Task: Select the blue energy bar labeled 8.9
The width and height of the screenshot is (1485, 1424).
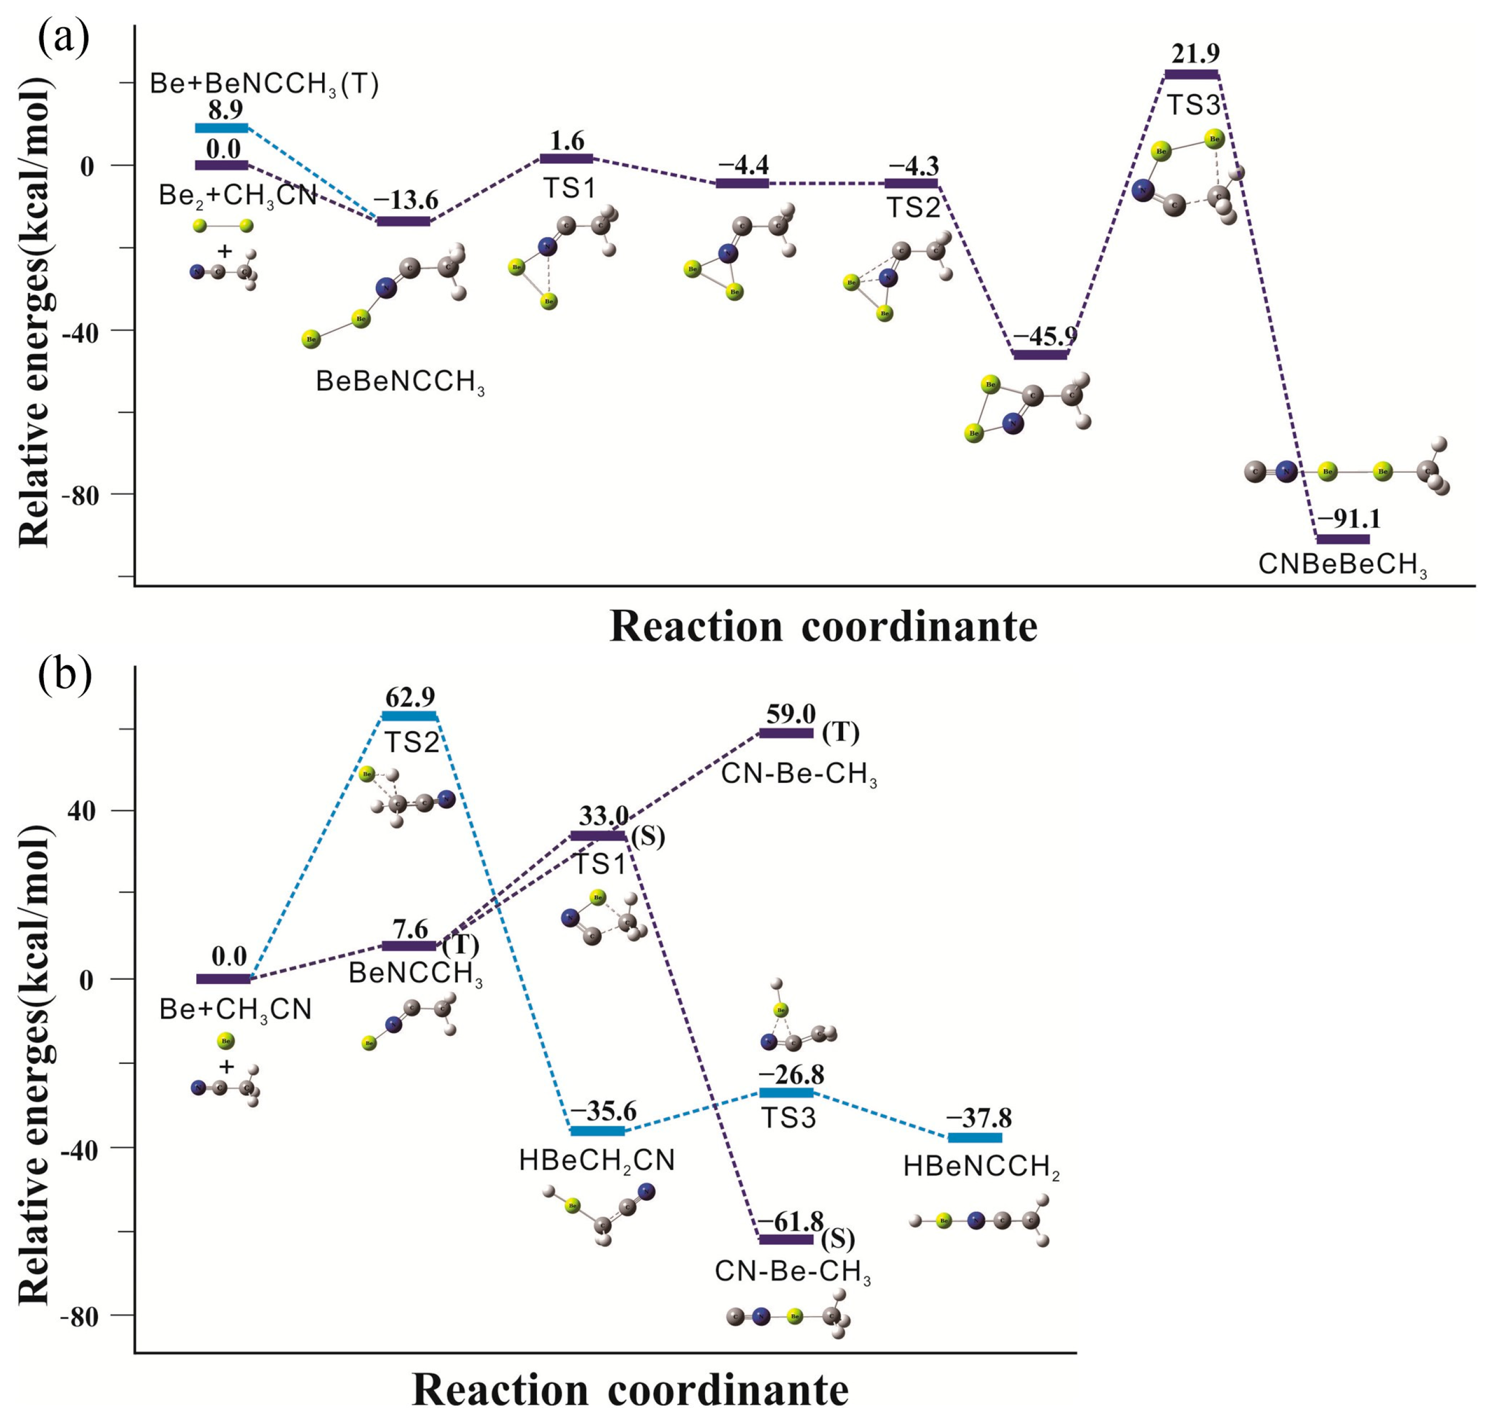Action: [x=221, y=128]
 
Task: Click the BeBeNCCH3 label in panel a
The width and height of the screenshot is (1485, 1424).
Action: [x=400, y=382]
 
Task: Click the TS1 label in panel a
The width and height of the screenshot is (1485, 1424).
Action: [x=569, y=188]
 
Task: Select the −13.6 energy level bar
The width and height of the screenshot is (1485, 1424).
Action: [x=403, y=221]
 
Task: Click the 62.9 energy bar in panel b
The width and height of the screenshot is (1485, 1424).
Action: [x=410, y=716]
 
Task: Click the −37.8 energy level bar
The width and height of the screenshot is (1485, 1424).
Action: [x=975, y=1138]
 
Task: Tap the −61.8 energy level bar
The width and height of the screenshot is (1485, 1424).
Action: [x=786, y=1239]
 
